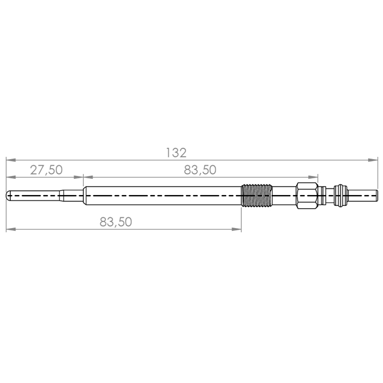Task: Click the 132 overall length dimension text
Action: click(x=176, y=153)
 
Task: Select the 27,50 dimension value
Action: click(x=47, y=170)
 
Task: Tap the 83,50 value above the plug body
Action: click(x=200, y=170)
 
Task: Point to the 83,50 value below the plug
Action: click(x=115, y=222)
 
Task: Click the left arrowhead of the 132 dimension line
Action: click(x=11, y=160)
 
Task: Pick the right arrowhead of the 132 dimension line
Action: click(x=373, y=160)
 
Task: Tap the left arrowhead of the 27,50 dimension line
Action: click(x=11, y=177)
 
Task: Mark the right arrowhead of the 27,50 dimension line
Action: click(x=78, y=177)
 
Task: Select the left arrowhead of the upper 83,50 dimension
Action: click(x=88, y=177)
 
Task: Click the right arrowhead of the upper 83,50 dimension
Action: click(x=313, y=177)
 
